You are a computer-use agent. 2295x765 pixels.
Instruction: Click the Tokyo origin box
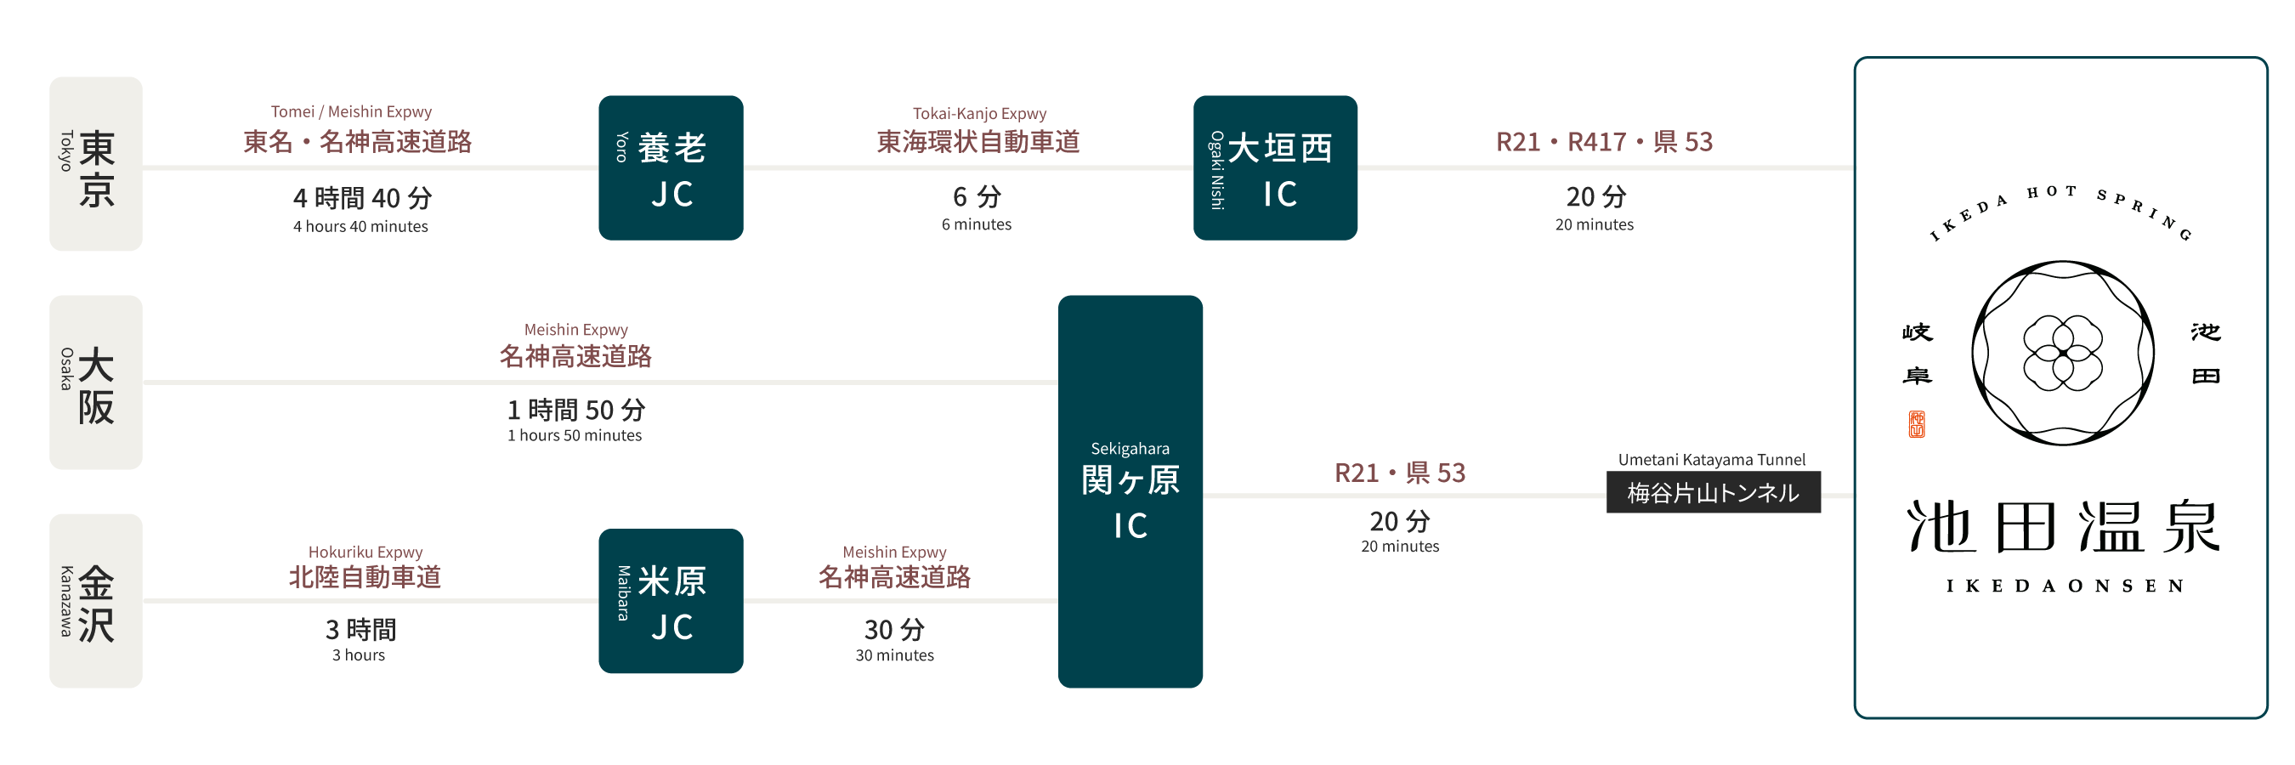[95, 164]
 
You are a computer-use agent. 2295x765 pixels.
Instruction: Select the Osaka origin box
[95, 382]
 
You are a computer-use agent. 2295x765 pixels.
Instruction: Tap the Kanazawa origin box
[95, 600]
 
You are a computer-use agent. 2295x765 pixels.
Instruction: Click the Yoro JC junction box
[671, 167]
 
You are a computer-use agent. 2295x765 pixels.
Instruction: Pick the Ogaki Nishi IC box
[1275, 167]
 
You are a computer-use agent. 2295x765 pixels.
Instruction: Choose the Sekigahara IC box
[1130, 490]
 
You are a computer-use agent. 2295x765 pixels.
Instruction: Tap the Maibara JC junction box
[671, 601]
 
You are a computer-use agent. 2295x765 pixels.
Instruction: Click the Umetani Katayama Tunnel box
[1713, 492]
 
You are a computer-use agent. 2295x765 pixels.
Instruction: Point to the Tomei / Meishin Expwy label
[351, 112]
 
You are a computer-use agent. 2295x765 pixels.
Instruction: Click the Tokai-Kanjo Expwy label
[979, 114]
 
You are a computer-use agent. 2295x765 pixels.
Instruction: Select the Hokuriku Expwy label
[365, 552]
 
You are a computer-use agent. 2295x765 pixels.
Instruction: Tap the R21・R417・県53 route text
[1604, 142]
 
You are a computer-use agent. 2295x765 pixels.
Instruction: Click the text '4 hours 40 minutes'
[360, 227]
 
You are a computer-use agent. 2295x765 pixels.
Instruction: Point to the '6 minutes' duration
[977, 224]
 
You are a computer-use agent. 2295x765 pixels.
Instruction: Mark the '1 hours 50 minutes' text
[575, 435]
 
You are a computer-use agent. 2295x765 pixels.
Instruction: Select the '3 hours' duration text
[358, 655]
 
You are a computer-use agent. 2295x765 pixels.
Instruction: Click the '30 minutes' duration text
[894, 655]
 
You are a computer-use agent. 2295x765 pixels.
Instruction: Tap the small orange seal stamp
[1917, 424]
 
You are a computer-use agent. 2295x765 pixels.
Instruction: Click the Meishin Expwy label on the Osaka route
[575, 331]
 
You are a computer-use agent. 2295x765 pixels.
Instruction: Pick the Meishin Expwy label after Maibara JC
[894, 552]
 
